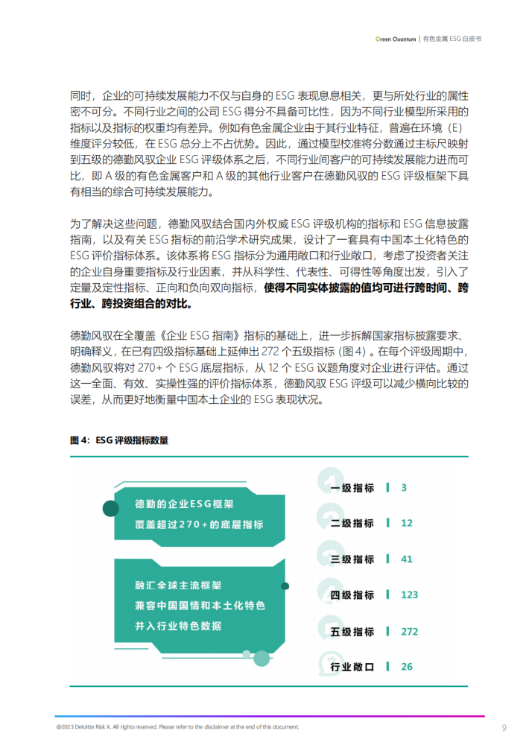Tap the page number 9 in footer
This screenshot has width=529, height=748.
pyautogui.click(x=504, y=726)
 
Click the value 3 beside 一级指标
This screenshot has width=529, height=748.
pyautogui.click(x=403, y=487)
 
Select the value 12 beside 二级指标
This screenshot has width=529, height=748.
pyautogui.click(x=406, y=523)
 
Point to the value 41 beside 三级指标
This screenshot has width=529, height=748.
pyautogui.click(x=406, y=559)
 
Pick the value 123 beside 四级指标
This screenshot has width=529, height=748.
pyautogui.click(x=409, y=595)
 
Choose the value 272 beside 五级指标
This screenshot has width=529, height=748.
pyautogui.click(x=409, y=631)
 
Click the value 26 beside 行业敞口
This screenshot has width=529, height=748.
pyautogui.click(x=406, y=667)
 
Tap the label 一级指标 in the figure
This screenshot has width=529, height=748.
pyautogui.click(x=352, y=487)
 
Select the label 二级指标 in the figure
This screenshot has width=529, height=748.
pyautogui.click(x=352, y=523)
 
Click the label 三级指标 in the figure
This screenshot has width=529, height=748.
pyautogui.click(x=352, y=559)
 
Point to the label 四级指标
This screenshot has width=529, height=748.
pyautogui.click(x=352, y=595)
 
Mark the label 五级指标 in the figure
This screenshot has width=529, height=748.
pyautogui.click(x=352, y=631)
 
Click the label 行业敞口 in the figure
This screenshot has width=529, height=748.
pyautogui.click(x=352, y=667)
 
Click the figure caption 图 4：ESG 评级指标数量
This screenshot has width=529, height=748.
pyautogui.click(x=119, y=440)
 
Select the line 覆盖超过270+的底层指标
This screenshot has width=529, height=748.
pyautogui.click(x=199, y=524)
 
